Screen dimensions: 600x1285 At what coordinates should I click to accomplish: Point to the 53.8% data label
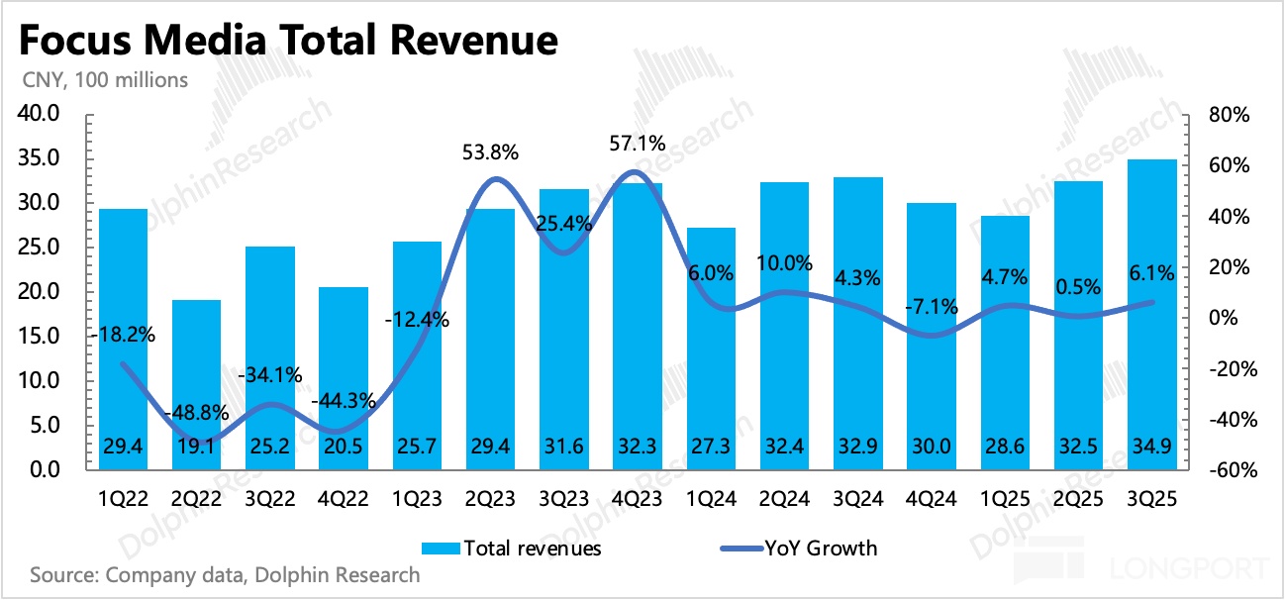click(x=490, y=153)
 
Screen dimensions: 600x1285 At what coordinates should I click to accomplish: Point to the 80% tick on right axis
click(x=1231, y=115)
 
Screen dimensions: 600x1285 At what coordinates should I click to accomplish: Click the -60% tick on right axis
click(x=1229, y=470)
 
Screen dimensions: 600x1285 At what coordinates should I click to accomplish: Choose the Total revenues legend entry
click(x=511, y=548)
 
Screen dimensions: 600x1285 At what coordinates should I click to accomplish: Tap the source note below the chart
click(x=226, y=574)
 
